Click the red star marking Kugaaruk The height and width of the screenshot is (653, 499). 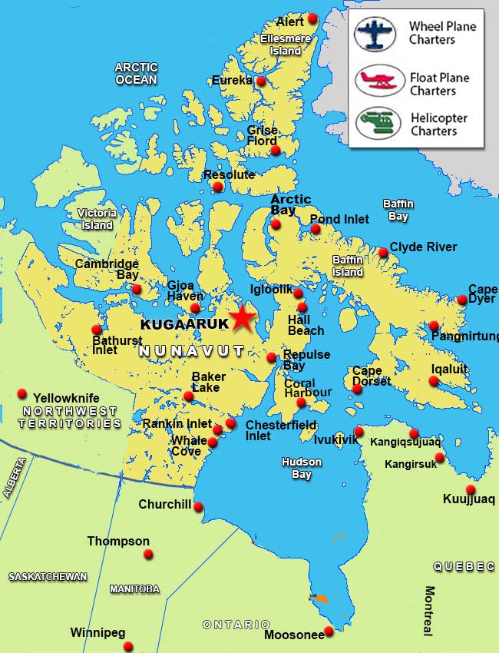tap(243, 318)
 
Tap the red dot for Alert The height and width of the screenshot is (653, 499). tap(312, 18)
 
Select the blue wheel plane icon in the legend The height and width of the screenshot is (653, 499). tap(375, 34)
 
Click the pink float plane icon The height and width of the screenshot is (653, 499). tap(375, 80)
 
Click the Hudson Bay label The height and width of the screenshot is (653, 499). tap(301, 468)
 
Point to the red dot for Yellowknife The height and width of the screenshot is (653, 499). tap(22, 394)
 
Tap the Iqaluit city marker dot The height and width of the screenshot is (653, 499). tap(434, 381)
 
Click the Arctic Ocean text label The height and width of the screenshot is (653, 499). tap(136, 73)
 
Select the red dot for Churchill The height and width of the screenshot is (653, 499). tap(198, 506)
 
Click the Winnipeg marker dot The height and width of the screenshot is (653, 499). tap(128, 646)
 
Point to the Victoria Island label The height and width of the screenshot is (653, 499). tap(97, 219)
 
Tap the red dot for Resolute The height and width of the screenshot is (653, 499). tap(218, 187)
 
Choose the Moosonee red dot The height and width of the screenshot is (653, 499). tap(329, 631)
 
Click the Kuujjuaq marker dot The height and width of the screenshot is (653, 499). tap(471, 489)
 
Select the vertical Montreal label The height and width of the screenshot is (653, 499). tap(429, 611)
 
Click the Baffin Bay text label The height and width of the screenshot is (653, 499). tap(398, 210)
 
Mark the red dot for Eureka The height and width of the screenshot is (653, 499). tap(261, 81)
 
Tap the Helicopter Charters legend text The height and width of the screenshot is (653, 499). tap(438, 124)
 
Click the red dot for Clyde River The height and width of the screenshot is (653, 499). tap(383, 252)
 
